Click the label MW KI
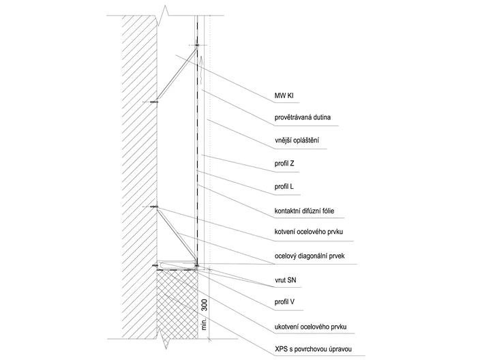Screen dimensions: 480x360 [x=284, y=96]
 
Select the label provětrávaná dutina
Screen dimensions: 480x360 [x=303, y=117]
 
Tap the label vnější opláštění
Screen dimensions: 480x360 [x=297, y=140]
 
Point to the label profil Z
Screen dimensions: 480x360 [x=284, y=164]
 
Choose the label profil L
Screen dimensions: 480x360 [x=284, y=186]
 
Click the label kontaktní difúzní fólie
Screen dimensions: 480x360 [x=304, y=211]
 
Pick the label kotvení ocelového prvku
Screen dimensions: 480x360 [x=309, y=232]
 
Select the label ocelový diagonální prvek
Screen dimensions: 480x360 [x=310, y=256]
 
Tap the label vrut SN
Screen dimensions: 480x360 [x=285, y=280]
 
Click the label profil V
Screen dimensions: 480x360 [x=284, y=302]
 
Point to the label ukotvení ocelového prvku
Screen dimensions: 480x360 [x=310, y=327]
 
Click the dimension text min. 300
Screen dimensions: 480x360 [x=205, y=315]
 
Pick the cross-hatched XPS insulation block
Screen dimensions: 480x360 [x=177, y=305]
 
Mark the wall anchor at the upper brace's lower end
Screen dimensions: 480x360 [x=154, y=102]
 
